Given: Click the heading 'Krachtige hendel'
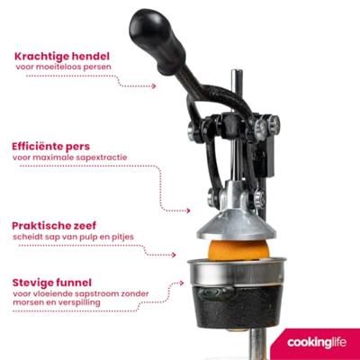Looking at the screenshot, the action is tap(62, 56).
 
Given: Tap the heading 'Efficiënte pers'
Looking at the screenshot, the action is tap(50, 147).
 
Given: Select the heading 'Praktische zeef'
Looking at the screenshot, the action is tap(54, 226).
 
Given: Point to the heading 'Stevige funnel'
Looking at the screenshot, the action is tap(52, 283).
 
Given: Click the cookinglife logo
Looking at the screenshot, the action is tap(317, 342).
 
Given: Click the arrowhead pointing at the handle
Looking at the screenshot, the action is tap(154, 86).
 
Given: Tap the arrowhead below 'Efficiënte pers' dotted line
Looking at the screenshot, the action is tap(188, 211).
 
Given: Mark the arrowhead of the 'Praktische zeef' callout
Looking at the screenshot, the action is tap(173, 255).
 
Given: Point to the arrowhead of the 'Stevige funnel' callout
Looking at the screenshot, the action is tap(181, 283).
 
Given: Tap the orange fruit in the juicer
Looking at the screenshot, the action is tap(238, 249).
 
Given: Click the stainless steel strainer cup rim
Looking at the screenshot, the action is tap(237, 262).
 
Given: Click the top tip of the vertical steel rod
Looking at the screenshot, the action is tap(237, 71).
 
